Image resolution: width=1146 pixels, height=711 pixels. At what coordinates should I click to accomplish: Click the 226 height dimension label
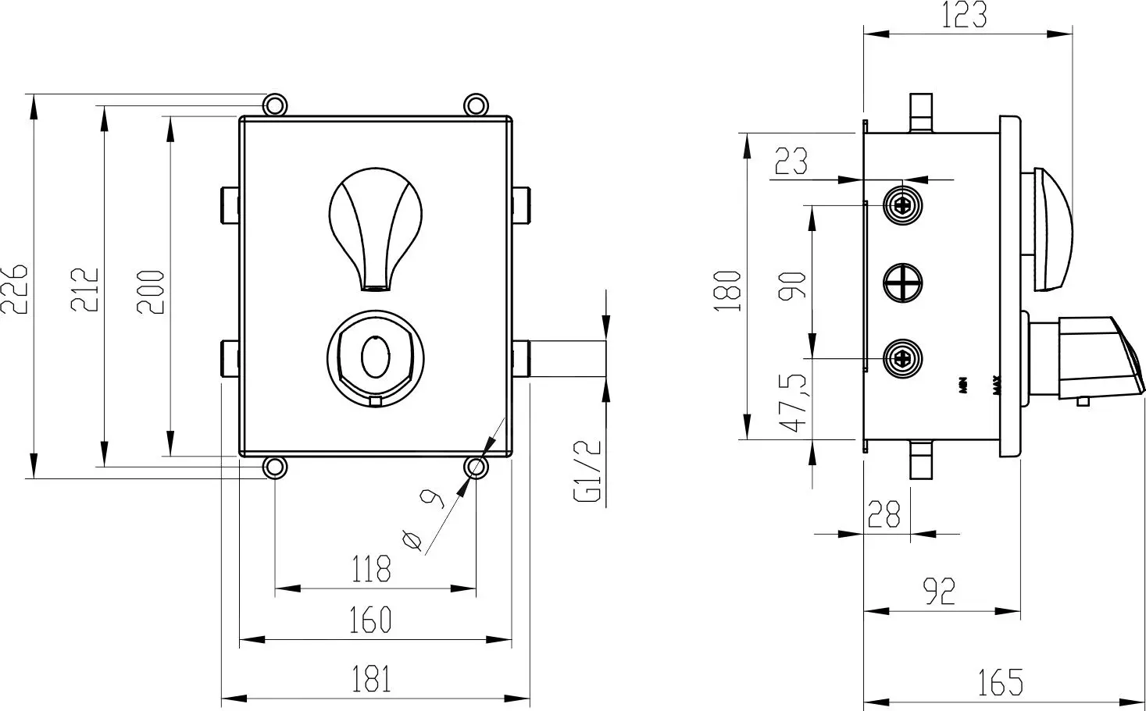(15, 288)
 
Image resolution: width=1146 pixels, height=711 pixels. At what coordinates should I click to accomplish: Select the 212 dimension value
(86, 289)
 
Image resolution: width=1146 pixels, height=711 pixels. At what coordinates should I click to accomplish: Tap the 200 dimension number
(152, 291)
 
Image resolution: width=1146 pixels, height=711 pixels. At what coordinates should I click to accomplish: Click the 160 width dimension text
(371, 620)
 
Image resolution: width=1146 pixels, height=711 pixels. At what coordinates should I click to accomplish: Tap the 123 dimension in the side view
(964, 16)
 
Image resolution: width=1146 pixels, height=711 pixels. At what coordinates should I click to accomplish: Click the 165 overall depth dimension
(1000, 681)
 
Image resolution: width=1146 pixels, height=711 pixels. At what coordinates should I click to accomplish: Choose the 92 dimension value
(940, 592)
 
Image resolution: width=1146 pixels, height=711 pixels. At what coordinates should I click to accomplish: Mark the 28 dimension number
(884, 514)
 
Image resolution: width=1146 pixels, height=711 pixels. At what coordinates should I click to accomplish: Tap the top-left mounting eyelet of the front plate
(274, 105)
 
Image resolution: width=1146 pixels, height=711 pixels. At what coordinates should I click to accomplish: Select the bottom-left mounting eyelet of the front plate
(274, 467)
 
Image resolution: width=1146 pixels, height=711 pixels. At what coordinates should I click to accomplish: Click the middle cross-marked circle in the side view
(903, 282)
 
